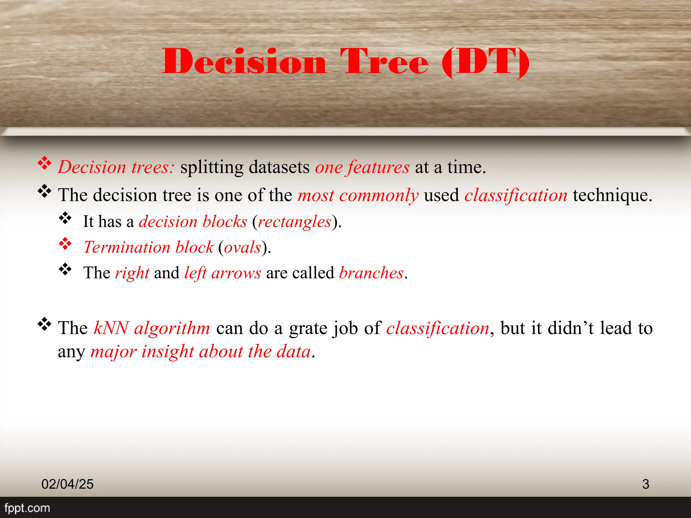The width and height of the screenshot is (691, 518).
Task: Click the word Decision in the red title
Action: (x=244, y=61)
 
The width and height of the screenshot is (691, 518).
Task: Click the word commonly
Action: (x=379, y=196)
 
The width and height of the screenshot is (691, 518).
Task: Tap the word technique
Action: (x=612, y=195)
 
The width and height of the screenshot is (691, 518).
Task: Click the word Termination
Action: (x=127, y=247)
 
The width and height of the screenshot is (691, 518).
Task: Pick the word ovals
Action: (x=242, y=248)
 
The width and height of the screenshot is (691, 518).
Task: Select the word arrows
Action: (x=236, y=273)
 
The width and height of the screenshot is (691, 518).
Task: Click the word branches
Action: (x=371, y=273)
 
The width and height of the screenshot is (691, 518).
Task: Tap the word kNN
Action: (x=111, y=328)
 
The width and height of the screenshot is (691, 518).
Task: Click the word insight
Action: (x=167, y=352)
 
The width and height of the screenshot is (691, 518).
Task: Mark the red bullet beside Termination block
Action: (x=65, y=243)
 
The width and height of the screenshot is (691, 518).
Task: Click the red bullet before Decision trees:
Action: (x=44, y=163)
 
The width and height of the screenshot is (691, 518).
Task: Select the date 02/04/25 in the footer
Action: (x=67, y=484)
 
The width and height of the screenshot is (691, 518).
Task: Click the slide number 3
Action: (x=645, y=484)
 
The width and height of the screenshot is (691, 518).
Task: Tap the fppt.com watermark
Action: (x=27, y=508)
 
